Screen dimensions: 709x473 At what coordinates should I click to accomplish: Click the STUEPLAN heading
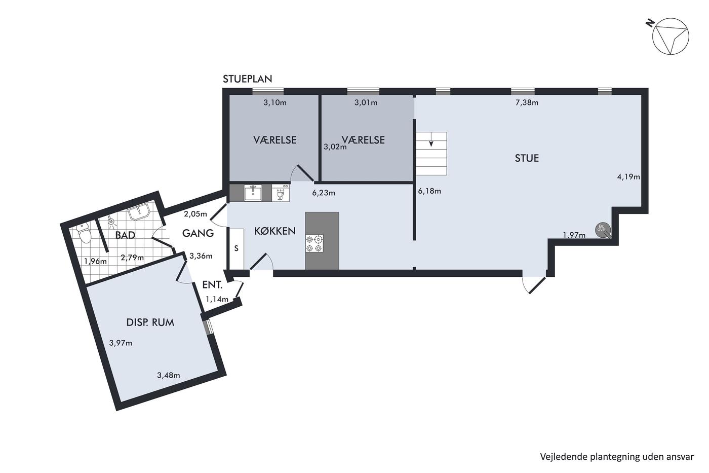click(247, 79)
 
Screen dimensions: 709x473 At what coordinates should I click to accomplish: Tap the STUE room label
click(527, 158)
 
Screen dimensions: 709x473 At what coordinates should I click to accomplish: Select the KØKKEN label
click(274, 231)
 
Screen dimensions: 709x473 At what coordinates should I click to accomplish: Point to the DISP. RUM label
click(150, 322)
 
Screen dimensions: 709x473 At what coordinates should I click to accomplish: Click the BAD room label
click(125, 235)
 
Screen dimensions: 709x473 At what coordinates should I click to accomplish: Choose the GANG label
click(198, 233)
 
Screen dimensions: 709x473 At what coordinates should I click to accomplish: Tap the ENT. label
click(212, 285)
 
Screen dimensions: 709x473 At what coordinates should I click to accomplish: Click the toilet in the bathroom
click(84, 232)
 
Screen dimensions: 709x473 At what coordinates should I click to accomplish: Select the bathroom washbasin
click(139, 211)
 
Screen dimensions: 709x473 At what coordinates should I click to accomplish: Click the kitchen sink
click(253, 193)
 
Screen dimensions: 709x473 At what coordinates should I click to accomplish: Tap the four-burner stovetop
click(314, 243)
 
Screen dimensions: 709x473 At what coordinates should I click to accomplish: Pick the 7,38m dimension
click(527, 102)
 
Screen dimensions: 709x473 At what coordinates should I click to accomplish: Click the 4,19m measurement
click(628, 177)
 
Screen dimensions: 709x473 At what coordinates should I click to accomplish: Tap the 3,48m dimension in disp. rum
click(168, 376)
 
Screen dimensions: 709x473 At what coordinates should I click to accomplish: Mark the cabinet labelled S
click(236, 249)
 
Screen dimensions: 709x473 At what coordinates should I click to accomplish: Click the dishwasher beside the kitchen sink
click(281, 193)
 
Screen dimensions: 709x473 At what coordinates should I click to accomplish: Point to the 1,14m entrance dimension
click(217, 299)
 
